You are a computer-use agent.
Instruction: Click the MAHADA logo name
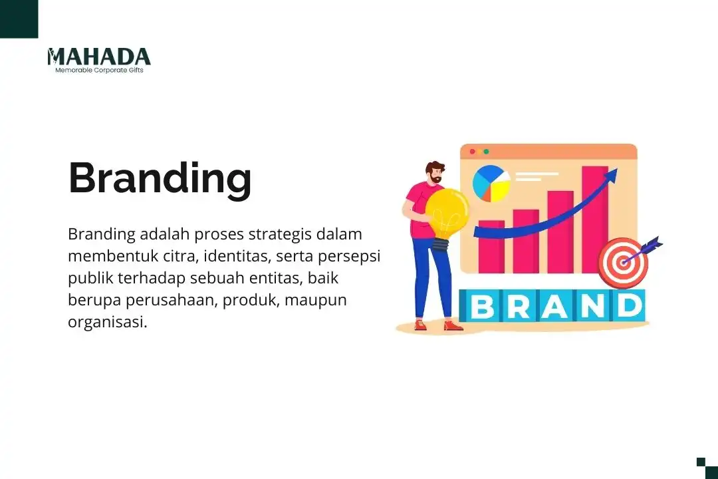(99, 57)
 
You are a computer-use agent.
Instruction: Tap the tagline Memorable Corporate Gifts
(99, 70)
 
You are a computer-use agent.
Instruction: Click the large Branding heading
(160, 178)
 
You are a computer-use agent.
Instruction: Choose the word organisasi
(107, 322)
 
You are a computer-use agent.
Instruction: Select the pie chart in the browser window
(491, 184)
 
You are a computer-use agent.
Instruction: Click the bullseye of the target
(622, 263)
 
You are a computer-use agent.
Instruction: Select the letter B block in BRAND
(483, 306)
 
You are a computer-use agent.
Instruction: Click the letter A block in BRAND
(555, 306)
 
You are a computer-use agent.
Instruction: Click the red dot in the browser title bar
(473, 152)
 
